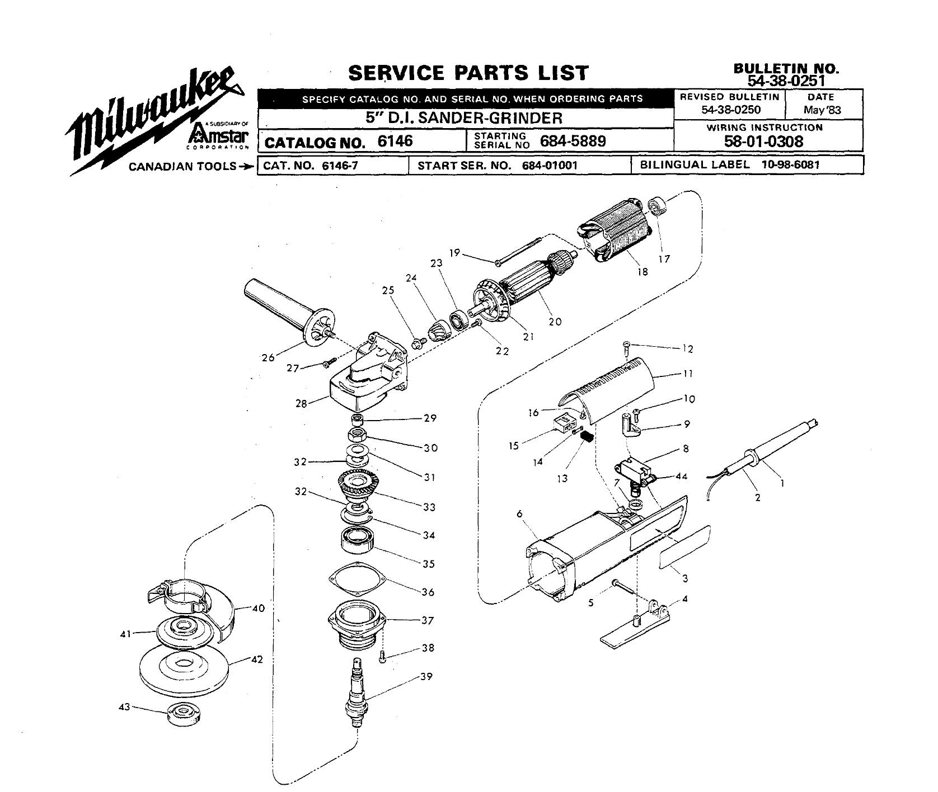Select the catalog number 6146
[x=395, y=142]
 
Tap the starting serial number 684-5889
[x=573, y=142]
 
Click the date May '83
[x=822, y=110]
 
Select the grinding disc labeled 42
[x=182, y=668]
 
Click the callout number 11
[x=688, y=373]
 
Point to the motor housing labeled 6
[x=588, y=559]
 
